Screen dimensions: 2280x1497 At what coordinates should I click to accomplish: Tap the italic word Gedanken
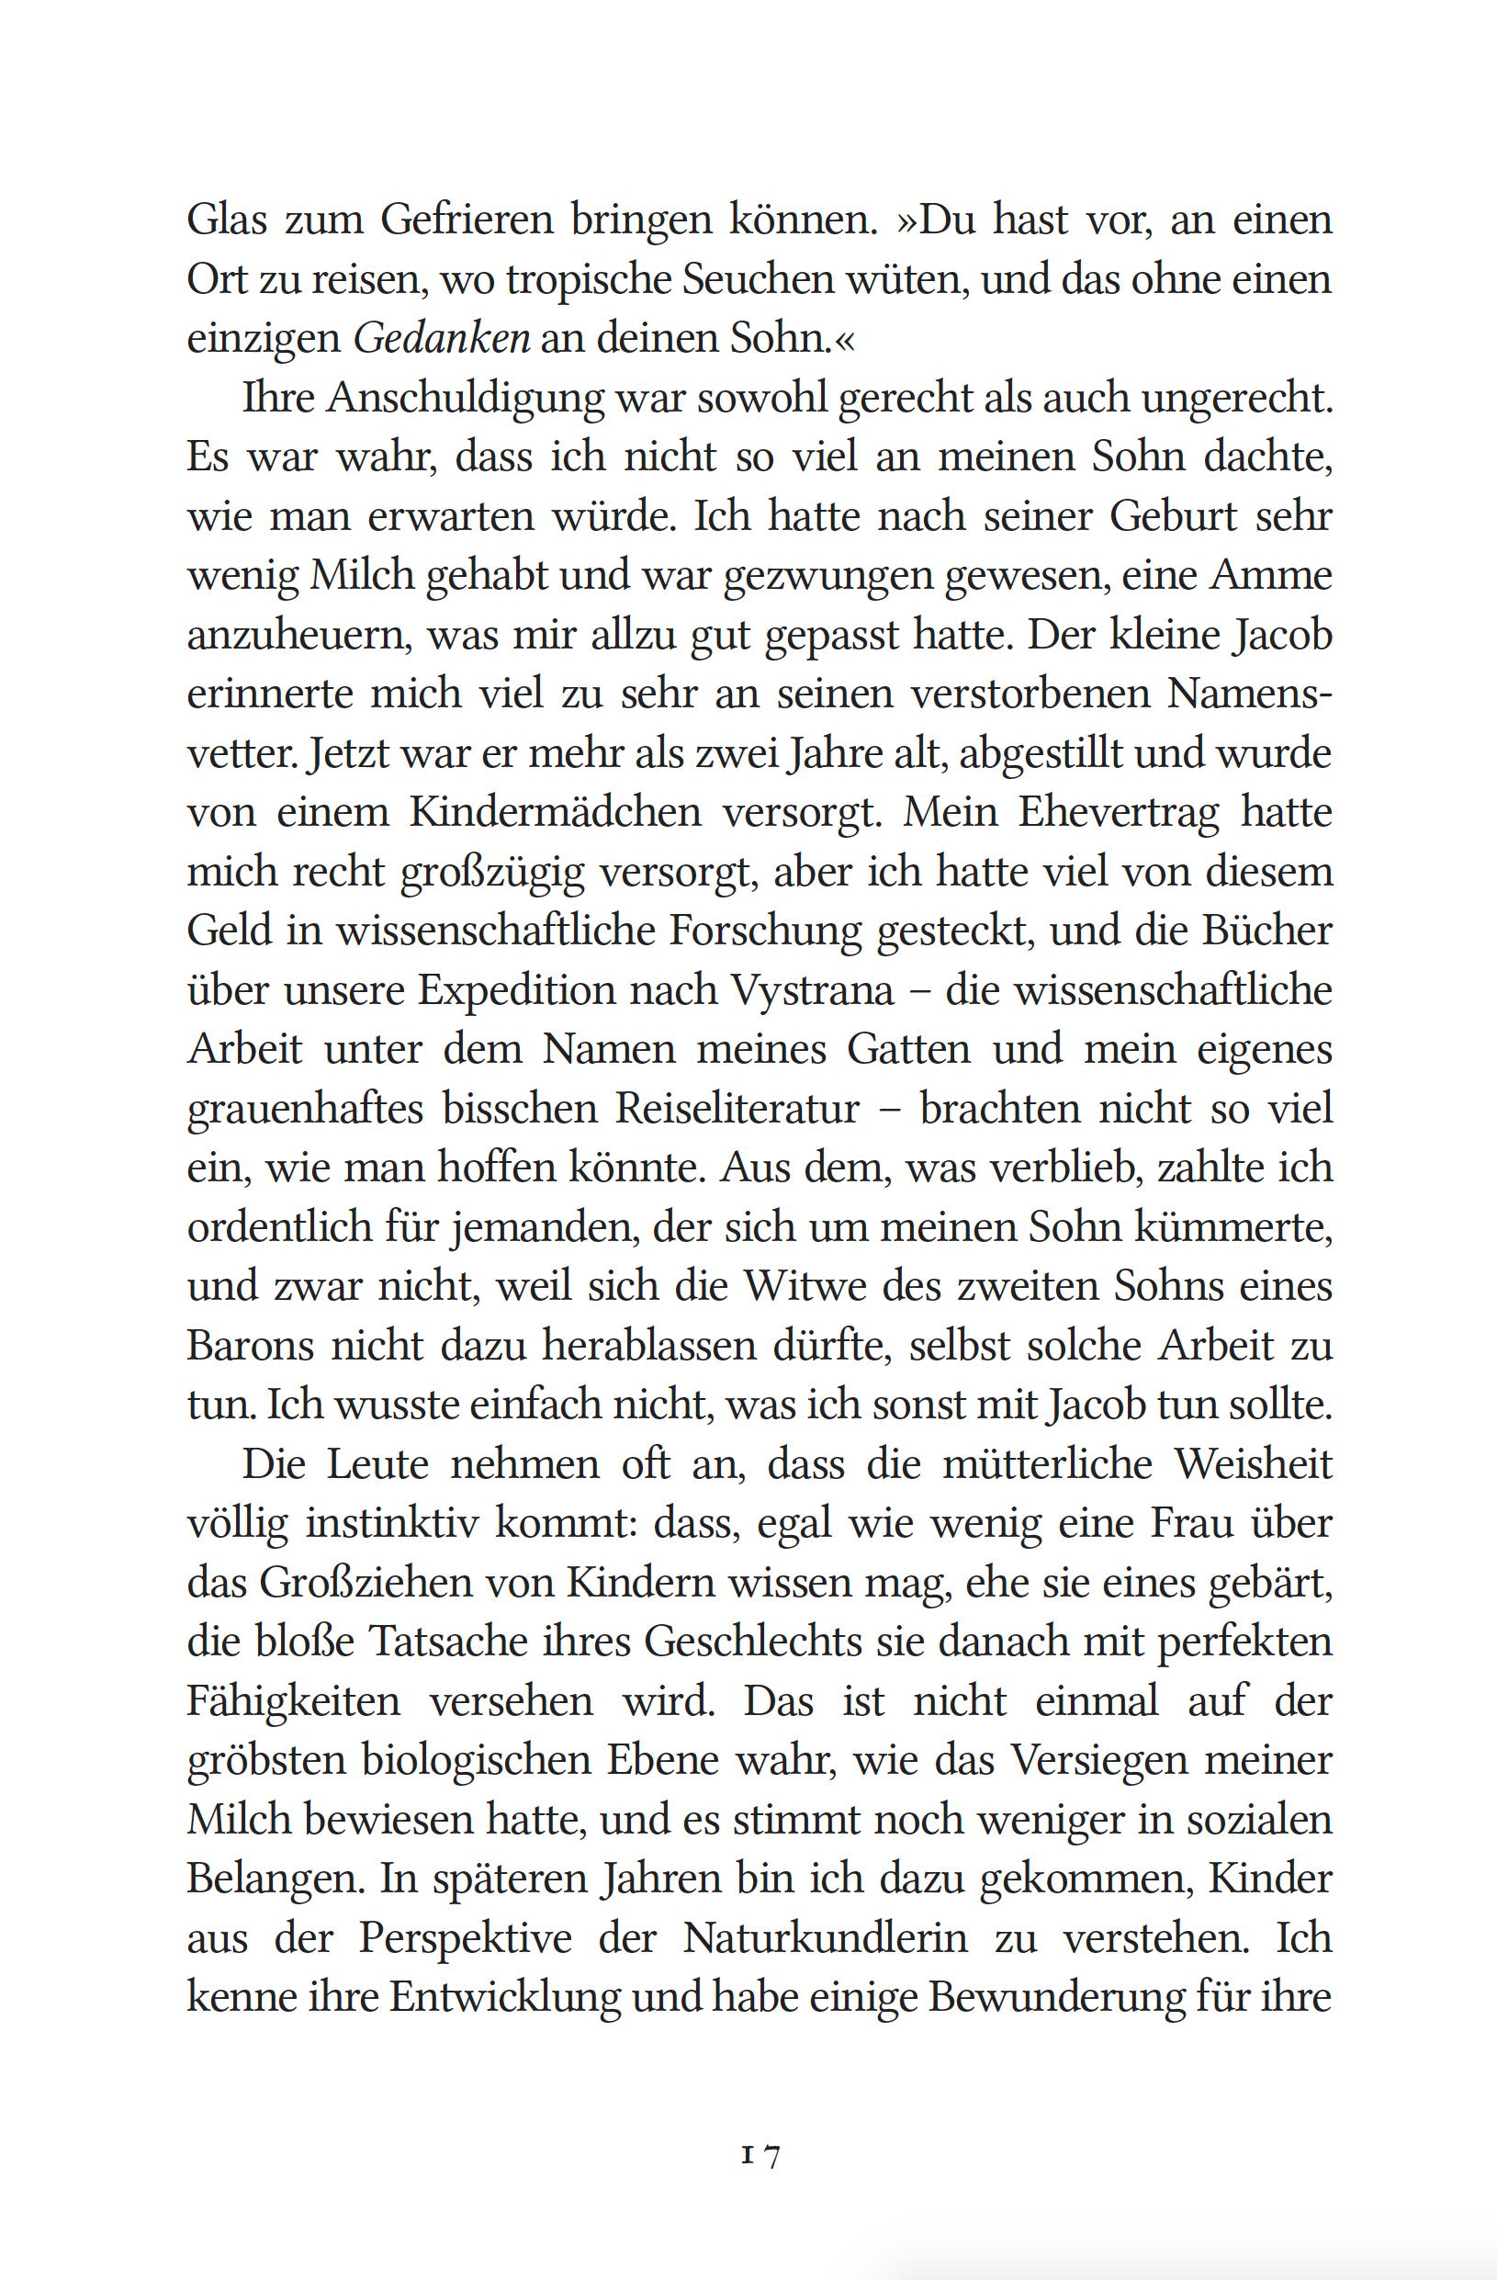[442, 339]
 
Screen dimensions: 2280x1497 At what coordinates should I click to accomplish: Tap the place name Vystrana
[812, 990]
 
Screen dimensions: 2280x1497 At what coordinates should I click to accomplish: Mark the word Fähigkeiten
[293, 1701]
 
